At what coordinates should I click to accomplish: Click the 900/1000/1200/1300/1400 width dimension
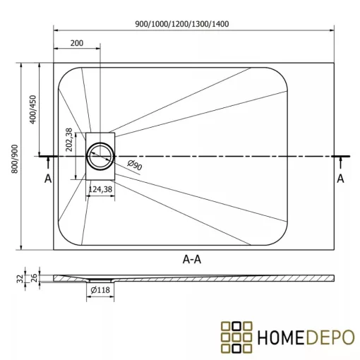(x=192, y=24)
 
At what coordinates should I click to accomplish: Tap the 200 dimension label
(x=77, y=43)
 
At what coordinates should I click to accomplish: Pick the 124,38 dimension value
(x=100, y=188)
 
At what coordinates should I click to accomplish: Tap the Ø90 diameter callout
(x=135, y=165)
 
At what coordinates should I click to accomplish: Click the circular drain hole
(x=100, y=155)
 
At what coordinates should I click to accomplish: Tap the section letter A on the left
(x=48, y=179)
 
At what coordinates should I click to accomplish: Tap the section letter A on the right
(x=340, y=179)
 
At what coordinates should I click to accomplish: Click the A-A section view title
(x=193, y=259)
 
